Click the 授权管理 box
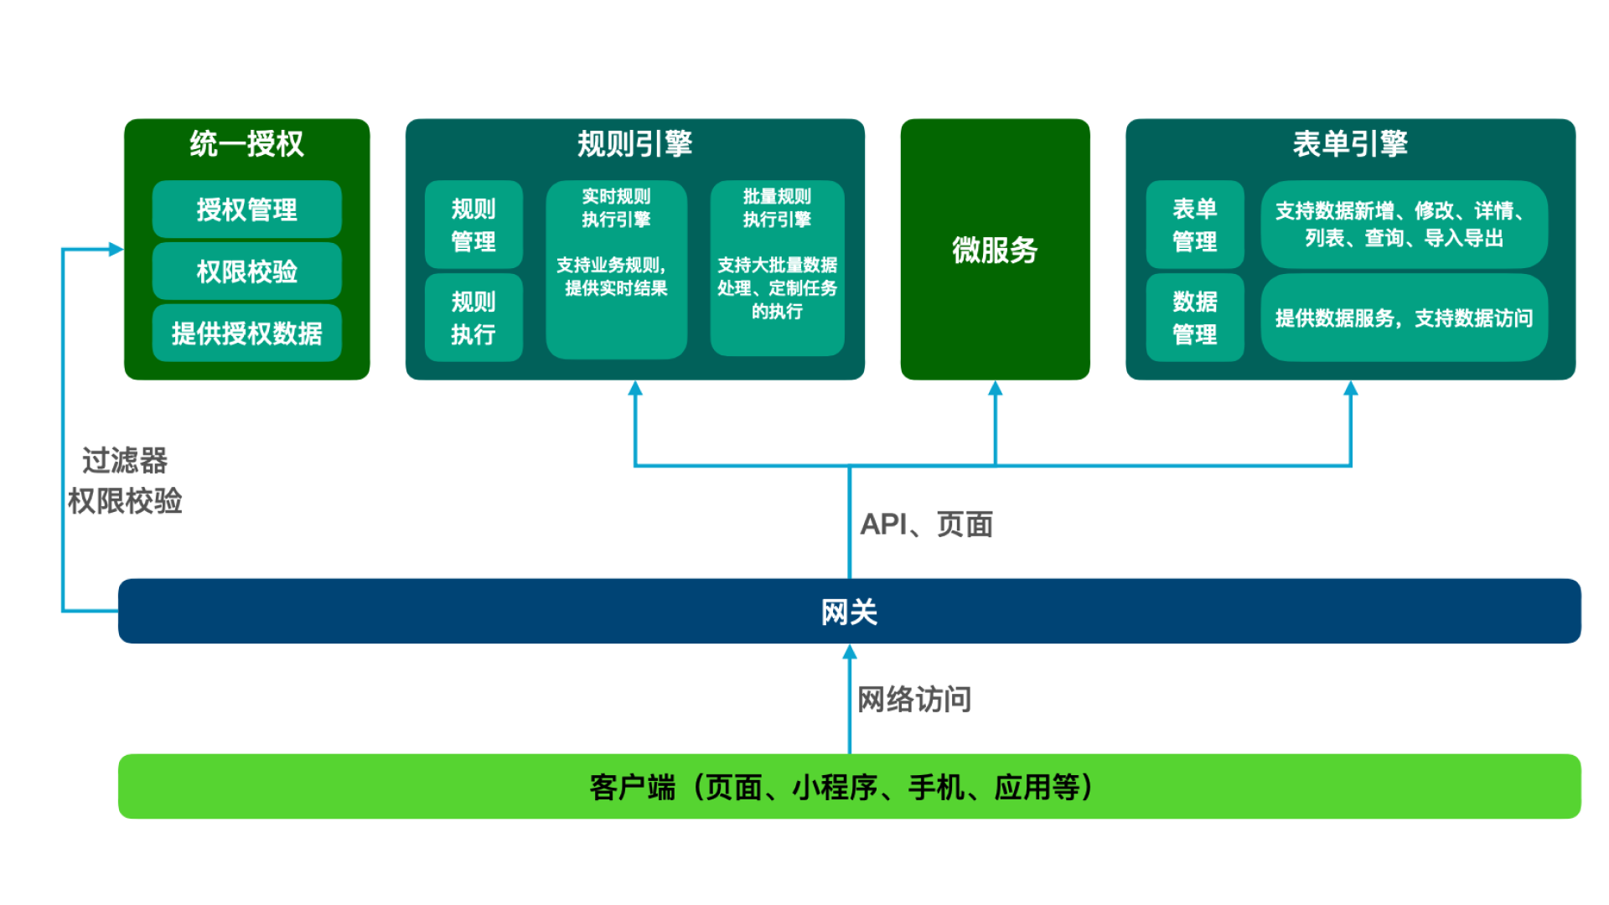coord(246,209)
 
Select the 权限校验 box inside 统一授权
coord(246,271)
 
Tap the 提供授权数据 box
coord(246,333)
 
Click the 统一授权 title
coord(246,143)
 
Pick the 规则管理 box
coord(473,225)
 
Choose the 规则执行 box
coord(473,318)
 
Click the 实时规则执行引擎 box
coord(616,269)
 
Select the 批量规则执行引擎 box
coord(777,268)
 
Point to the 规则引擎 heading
coord(634,143)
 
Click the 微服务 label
coord(995,250)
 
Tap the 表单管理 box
coord(1194,225)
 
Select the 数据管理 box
coord(1194,318)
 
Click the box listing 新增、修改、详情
coord(1404,225)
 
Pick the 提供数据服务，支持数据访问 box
coord(1404,318)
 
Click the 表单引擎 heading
coord(1350,143)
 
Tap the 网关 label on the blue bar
coord(849,612)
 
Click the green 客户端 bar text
coord(842,787)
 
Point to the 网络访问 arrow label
coord(914,699)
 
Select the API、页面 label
coord(927,524)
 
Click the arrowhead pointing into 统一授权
coord(116,249)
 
